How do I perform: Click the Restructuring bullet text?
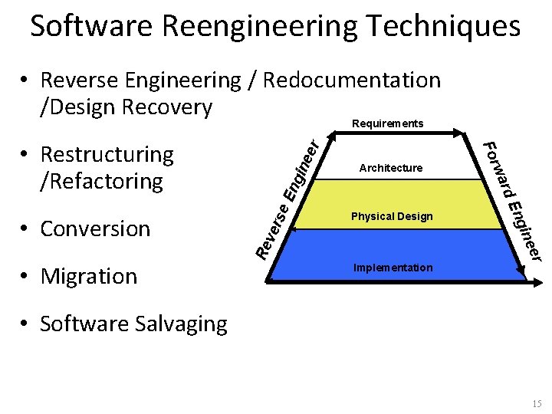point(107,155)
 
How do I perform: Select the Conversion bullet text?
point(95,228)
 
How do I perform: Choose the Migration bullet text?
point(88,276)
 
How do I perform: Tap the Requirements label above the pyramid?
point(387,123)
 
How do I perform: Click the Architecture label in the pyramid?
point(391,168)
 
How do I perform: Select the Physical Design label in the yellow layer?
point(392,216)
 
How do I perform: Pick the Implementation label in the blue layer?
point(393,268)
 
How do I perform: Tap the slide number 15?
point(536,403)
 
